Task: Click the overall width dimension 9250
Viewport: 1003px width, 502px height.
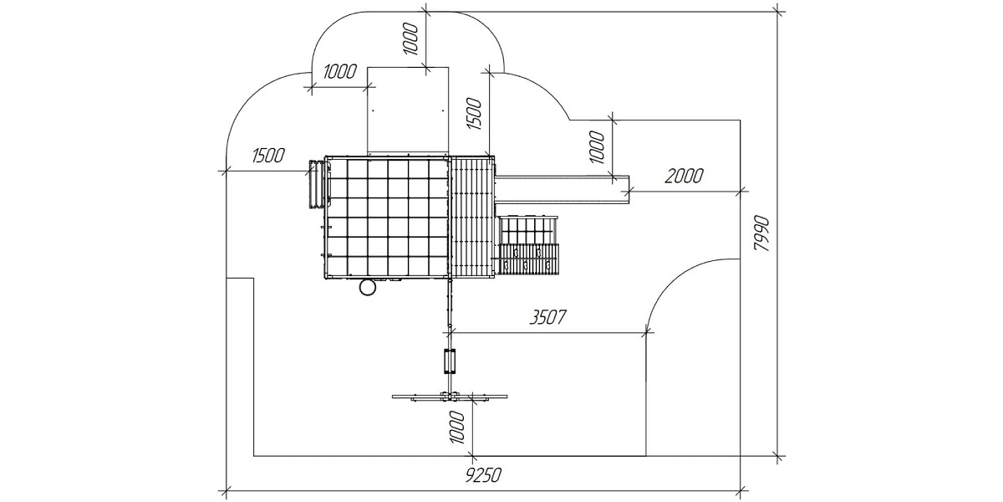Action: pyautogui.click(x=483, y=475)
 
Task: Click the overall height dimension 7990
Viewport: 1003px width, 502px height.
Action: pyautogui.click(x=762, y=234)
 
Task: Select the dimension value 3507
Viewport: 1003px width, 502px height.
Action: pyautogui.click(x=547, y=317)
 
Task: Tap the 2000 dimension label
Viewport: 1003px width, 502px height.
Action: pyautogui.click(x=685, y=177)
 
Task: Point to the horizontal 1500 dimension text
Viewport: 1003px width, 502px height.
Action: pyautogui.click(x=268, y=156)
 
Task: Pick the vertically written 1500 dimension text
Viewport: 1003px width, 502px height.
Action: pyautogui.click(x=475, y=114)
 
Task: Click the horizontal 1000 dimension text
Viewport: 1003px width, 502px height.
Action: pyautogui.click(x=340, y=71)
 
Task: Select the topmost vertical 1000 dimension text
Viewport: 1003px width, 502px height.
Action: pyautogui.click(x=411, y=39)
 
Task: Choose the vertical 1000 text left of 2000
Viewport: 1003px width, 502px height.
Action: pyautogui.click(x=597, y=147)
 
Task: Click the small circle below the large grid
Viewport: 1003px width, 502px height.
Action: pyautogui.click(x=368, y=287)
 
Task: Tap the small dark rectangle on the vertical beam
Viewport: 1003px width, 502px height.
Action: pyautogui.click(x=450, y=361)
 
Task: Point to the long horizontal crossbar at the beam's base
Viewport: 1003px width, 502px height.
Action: pyautogui.click(x=450, y=397)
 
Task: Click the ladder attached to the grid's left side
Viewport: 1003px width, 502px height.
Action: pyautogui.click(x=315, y=185)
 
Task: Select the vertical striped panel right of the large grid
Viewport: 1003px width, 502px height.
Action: pyautogui.click(x=471, y=216)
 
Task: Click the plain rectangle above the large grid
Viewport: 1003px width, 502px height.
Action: pyautogui.click(x=408, y=110)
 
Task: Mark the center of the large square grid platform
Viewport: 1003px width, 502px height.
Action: pyautogui.click(x=387, y=217)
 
